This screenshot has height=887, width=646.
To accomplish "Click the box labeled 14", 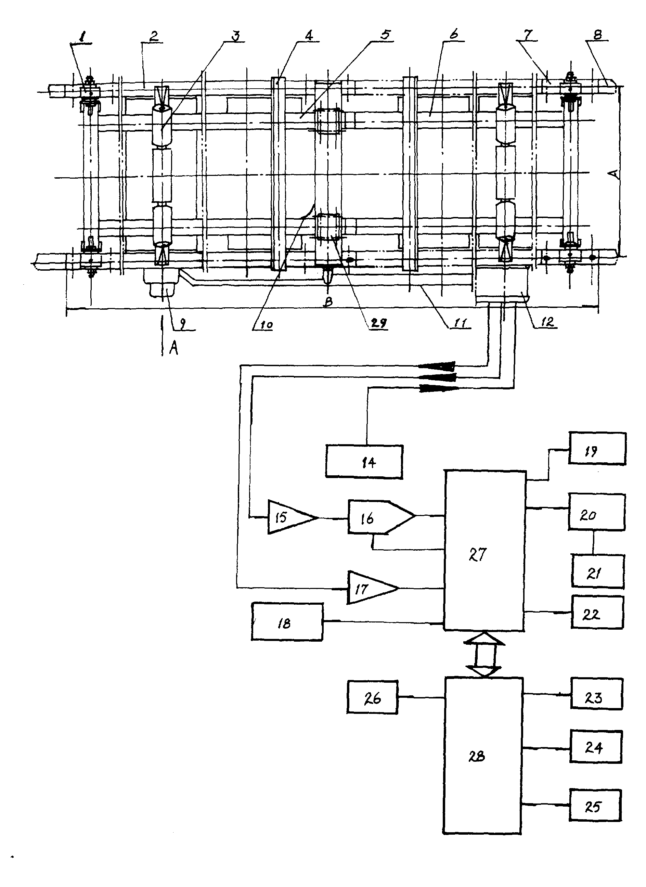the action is [x=364, y=462].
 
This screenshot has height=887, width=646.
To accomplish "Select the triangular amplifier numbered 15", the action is [x=291, y=517].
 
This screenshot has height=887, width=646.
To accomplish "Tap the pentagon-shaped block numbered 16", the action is [x=381, y=517].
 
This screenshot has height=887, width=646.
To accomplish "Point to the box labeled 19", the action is [x=597, y=448].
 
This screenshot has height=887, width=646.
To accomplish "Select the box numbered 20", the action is [x=596, y=512].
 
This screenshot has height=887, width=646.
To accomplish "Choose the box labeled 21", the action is [x=597, y=571].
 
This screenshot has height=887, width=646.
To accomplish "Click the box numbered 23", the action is [x=597, y=693].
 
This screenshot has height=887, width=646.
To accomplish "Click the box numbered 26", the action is [x=372, y=697].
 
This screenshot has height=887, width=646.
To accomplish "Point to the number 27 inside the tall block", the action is [x=477, y=554].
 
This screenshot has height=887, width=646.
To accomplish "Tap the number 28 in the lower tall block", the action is [x=477, y=757].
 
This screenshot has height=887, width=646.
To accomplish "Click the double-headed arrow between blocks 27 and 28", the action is [x=484, y=654].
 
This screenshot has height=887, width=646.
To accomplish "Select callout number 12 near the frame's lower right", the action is [x=547, y=322].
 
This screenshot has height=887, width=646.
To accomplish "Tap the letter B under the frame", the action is [x=328, y=301].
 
